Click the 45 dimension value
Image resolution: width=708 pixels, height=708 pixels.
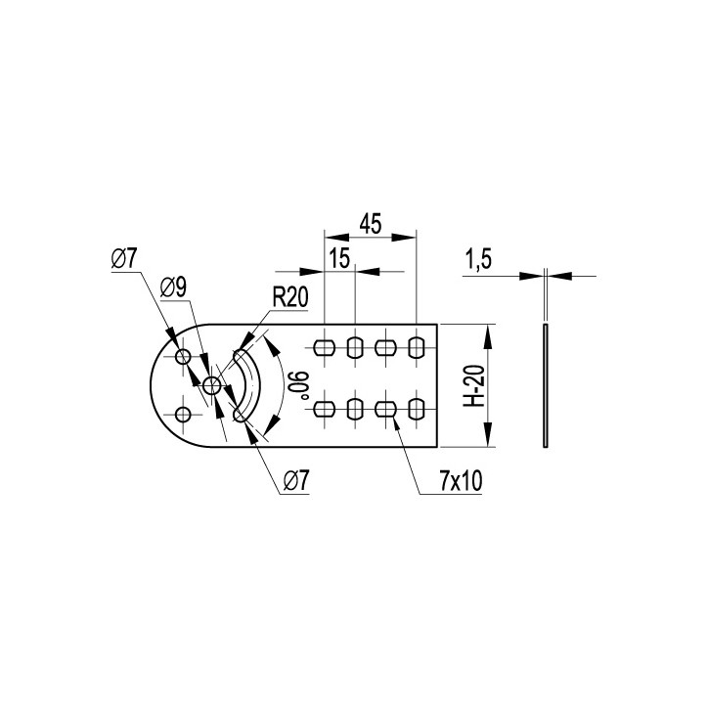click(x=371, y=224)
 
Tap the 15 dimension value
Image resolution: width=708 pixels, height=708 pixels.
click(x=339, y=258)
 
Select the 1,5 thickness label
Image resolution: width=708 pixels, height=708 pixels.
click(x=478, y=259)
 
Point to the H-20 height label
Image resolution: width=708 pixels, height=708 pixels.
click(x=474, y=385)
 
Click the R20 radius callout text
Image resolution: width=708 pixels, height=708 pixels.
click(x=290, y=297)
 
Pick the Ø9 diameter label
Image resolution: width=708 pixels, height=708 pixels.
click(x=173, y=288)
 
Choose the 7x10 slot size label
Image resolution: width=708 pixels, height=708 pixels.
click(x=461, y=481)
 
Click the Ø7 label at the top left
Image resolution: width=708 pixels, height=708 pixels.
click(x=124, y=259)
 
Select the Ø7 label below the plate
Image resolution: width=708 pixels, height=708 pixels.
click(x=296, y=481)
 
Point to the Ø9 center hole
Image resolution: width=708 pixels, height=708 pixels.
click(x=211, y=385)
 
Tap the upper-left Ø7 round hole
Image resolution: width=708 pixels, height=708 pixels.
click(x=183, y=356)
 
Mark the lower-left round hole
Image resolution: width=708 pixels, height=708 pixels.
click(x=183, y=414)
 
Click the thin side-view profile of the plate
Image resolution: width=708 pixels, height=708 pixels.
click(x=546, y=385)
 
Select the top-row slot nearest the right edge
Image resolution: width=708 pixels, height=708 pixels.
click(x=417, y=348)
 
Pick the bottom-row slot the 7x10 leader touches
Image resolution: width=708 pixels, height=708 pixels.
click(x=385, y=410)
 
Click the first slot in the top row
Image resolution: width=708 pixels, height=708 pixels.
click(x=325, y=348)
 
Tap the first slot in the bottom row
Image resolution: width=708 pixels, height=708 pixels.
click(x=325, y=410)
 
